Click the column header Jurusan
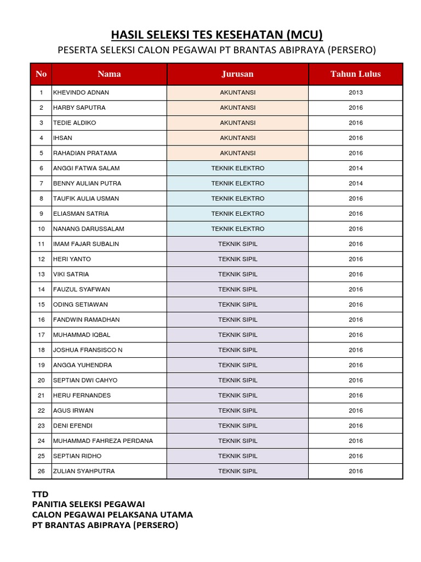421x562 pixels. click(237, 74)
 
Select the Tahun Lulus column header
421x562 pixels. click(355, 74)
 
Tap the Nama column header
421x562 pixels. click(109, 74)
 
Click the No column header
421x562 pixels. click(41, 74)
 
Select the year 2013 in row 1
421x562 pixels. click(355, 93)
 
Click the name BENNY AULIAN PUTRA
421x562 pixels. click(87, 183)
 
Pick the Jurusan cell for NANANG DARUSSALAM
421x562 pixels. click(237, 229)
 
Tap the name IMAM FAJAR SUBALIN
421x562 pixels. click(86, 244)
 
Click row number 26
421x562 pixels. click(41, 471)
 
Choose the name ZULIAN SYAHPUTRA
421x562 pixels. click(84, 471)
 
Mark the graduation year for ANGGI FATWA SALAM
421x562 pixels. click(355, 168)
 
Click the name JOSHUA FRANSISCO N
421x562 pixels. click(88, 350)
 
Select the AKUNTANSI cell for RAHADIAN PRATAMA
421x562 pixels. click(237, 153)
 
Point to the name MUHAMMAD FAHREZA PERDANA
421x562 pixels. click(103, 441)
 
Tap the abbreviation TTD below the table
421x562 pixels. click(41, 494)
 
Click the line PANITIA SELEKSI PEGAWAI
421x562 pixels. click(89, 504)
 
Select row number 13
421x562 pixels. click(41, 274)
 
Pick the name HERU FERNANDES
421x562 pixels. click(82, 395)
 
